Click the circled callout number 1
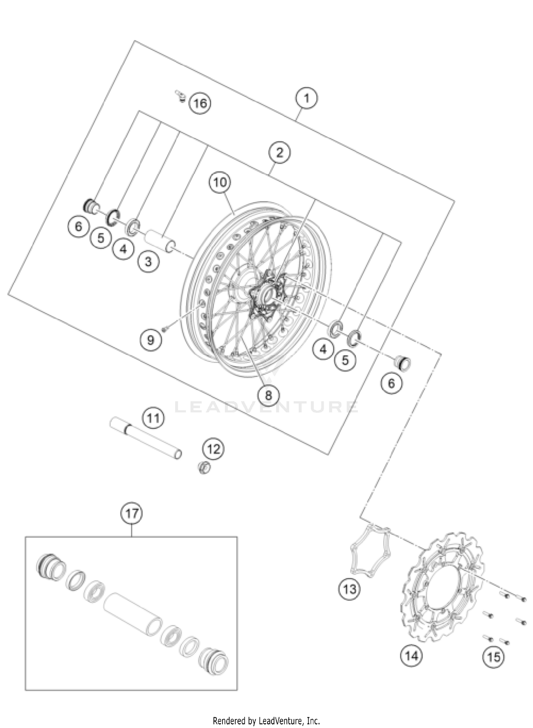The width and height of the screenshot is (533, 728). click(306, 98)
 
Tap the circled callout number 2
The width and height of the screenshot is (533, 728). click(279, 153)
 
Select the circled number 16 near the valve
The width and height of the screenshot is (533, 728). click(200, 103)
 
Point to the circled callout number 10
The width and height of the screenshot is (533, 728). click(220, 183)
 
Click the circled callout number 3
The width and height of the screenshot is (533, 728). click(148, 262)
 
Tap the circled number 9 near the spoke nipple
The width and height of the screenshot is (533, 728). click(150, 340)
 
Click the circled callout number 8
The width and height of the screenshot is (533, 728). click(268, 395)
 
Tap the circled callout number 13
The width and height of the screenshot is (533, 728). click(349, 589)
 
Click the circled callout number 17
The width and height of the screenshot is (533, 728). click(131, 513)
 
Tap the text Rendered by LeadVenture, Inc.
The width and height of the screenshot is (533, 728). click(266, 721)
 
